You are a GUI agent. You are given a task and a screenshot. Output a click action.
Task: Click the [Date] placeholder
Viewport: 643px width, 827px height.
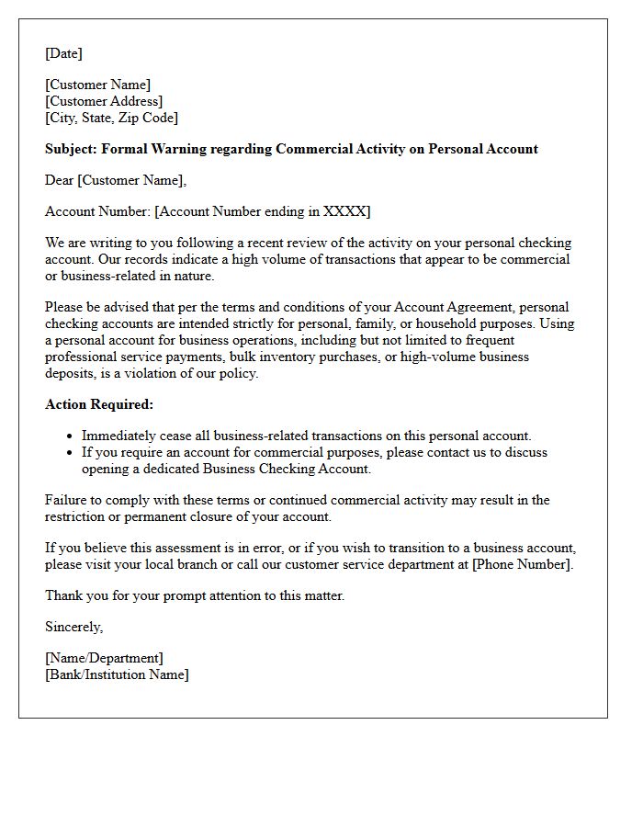(x=63, y=53)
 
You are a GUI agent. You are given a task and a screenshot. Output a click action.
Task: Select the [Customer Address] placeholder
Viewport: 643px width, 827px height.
(x=104, y=101)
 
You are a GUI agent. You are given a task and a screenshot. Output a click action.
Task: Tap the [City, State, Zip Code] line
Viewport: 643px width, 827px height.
(x=111, y=118)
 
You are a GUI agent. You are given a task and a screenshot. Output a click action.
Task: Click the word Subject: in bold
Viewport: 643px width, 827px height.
(x=71, y=149)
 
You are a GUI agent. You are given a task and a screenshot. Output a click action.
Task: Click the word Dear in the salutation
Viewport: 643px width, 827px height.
(x=60, y=180)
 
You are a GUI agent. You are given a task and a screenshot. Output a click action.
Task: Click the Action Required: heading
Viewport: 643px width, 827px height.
(x=99, y=404)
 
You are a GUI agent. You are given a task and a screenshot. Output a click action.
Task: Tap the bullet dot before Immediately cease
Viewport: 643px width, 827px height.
(x=71, y=436)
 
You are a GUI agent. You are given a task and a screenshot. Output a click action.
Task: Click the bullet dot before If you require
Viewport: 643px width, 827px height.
(x=71, y=453)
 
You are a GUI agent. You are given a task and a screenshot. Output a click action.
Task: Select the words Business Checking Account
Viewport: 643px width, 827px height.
(x=288, y=469)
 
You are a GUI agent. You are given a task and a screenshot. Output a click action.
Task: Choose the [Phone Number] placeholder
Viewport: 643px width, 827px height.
(x=522, y=564)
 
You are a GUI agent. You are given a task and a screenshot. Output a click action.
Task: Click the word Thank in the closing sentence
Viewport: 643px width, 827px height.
(x=63, y=595)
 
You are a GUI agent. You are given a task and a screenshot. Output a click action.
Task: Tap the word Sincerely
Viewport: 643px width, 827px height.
(x=73, y=627)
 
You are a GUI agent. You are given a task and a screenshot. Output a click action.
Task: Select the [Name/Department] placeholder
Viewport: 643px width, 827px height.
(x=104, y=658)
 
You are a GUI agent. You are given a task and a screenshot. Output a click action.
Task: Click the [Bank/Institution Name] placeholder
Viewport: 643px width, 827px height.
(x=117, y=674)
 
